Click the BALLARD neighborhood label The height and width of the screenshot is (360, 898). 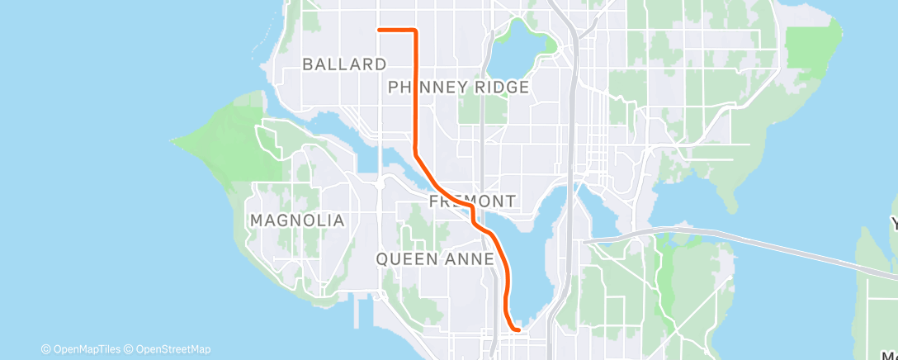point(344,64)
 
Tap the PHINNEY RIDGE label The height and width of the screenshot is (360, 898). point(458,87)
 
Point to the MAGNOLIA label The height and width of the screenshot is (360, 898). point(296,220)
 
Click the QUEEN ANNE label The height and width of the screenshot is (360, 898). point(435,259)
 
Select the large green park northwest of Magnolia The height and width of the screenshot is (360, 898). point(231,140)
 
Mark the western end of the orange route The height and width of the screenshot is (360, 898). point(379,30)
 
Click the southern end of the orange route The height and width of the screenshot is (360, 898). point(518,330)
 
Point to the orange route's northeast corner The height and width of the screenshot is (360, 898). point(414,31)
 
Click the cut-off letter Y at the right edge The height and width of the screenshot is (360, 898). point(892,223)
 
